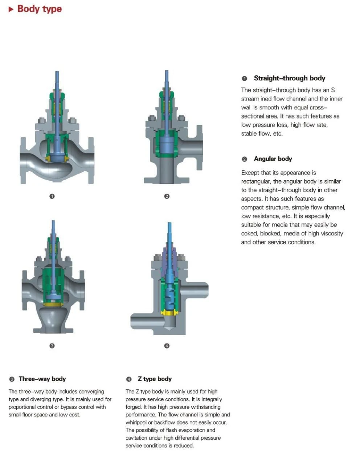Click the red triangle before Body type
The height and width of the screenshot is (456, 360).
[11, 9]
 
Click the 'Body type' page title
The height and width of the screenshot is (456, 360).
[40, 9]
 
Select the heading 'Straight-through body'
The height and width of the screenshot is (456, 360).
[289, 78]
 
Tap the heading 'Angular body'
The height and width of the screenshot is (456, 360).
[273, 159]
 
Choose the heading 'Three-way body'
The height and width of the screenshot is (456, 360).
[42, 379]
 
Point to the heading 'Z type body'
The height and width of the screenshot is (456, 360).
[155, 379]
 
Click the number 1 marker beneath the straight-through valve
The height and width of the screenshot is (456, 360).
[52, 196]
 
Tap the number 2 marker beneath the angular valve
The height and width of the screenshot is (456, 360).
[167, 196]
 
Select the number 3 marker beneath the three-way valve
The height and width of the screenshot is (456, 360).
[52, 346]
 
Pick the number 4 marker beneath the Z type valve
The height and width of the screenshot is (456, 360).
[167, 346]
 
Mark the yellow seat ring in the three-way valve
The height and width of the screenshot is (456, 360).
[53, 304]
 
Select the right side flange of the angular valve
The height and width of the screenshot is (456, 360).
[199, 148]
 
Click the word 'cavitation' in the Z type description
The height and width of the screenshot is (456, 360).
[136, 438]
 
